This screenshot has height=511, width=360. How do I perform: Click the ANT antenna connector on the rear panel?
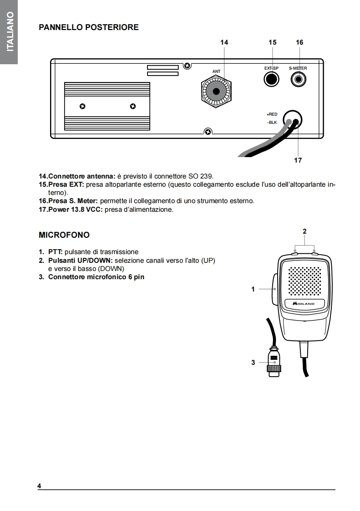pyautogui.click(x=216, y=92)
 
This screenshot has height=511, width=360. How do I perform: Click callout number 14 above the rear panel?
pyautogui.click(x=224, y=42)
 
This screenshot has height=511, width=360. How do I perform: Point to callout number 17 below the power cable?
pyautogui.click(x=298, y=160)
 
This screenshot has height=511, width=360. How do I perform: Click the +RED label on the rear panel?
pyautogui.click(x=272, y=114)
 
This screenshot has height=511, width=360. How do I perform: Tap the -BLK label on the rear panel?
pyautogui.click(x=272, y=123)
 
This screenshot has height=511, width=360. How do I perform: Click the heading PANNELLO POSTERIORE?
pyautogui.click(x=89, y=27)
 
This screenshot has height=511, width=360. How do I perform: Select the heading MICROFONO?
pyautogui.click(x=64, y=235)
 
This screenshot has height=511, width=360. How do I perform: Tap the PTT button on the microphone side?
pyautogui.click(x=275, y=288)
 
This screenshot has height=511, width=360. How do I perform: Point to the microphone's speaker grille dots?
pyautogui.click(x=304, y=281)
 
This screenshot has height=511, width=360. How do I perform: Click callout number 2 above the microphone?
pyautogui.click(x=304, y=231)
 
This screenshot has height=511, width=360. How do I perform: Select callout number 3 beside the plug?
pyautogui.click(x=253, y=363)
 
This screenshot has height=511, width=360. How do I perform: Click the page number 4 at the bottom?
pyautogui.click(x=40, y=486)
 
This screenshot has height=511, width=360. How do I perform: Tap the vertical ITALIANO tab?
pyautogui.click(x=9, y=32)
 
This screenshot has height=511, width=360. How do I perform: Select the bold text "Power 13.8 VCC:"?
pyautogui.click(x=72, y=210)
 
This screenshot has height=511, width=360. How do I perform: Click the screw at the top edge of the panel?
pyautogui.click(x=187, y=66)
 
